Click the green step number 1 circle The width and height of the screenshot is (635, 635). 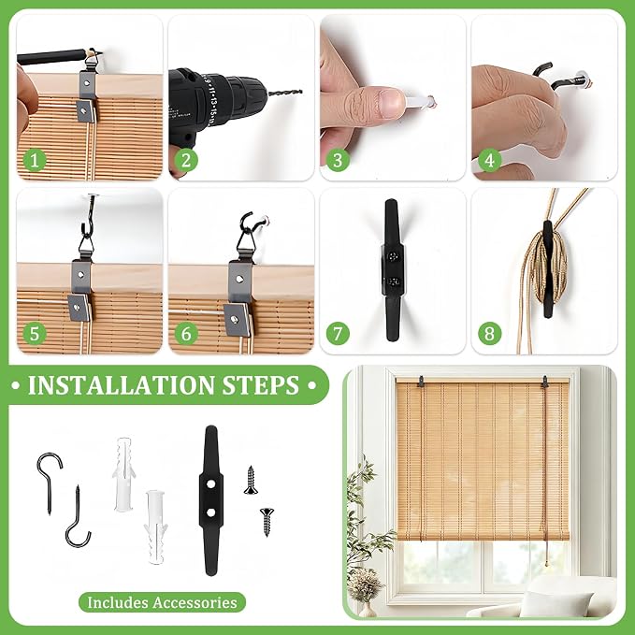point(35,160)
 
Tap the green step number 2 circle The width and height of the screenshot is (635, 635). point(186,160)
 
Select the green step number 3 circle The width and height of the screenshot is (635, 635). point(338,160)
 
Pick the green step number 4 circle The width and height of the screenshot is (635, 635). point(490,160)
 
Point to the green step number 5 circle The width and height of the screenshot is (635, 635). point(35,334)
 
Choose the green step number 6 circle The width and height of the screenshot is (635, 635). point(186,334)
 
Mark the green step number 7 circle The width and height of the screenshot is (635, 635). point(338,334)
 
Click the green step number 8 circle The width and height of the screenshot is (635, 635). point(490,334)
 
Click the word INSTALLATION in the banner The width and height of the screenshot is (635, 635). point(121,385)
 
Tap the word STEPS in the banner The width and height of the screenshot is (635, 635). point(261,385)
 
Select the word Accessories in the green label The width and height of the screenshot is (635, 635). point(195,602)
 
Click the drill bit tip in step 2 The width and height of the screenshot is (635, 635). point(301,92)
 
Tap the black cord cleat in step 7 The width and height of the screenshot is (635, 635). point(392,269)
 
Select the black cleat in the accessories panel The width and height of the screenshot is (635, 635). point(211,500)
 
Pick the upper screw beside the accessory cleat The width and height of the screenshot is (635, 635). point(251,481)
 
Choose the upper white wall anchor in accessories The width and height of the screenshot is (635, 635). point(123,475)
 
